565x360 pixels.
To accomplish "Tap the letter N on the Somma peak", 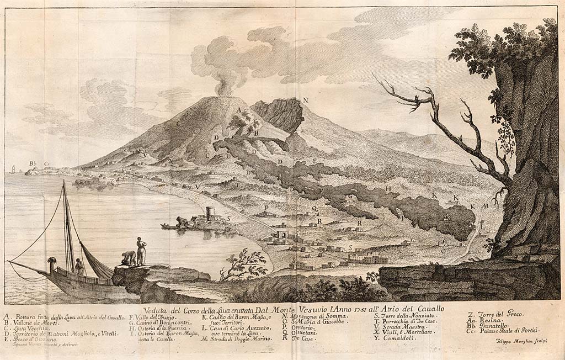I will coord(305,100).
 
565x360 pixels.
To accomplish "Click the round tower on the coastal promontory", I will coord(210,214).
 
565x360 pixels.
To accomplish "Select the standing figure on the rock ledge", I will coord(142,251).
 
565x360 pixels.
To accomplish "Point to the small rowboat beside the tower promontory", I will coord(168,226).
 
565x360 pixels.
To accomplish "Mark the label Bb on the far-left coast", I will coord(33,163).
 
